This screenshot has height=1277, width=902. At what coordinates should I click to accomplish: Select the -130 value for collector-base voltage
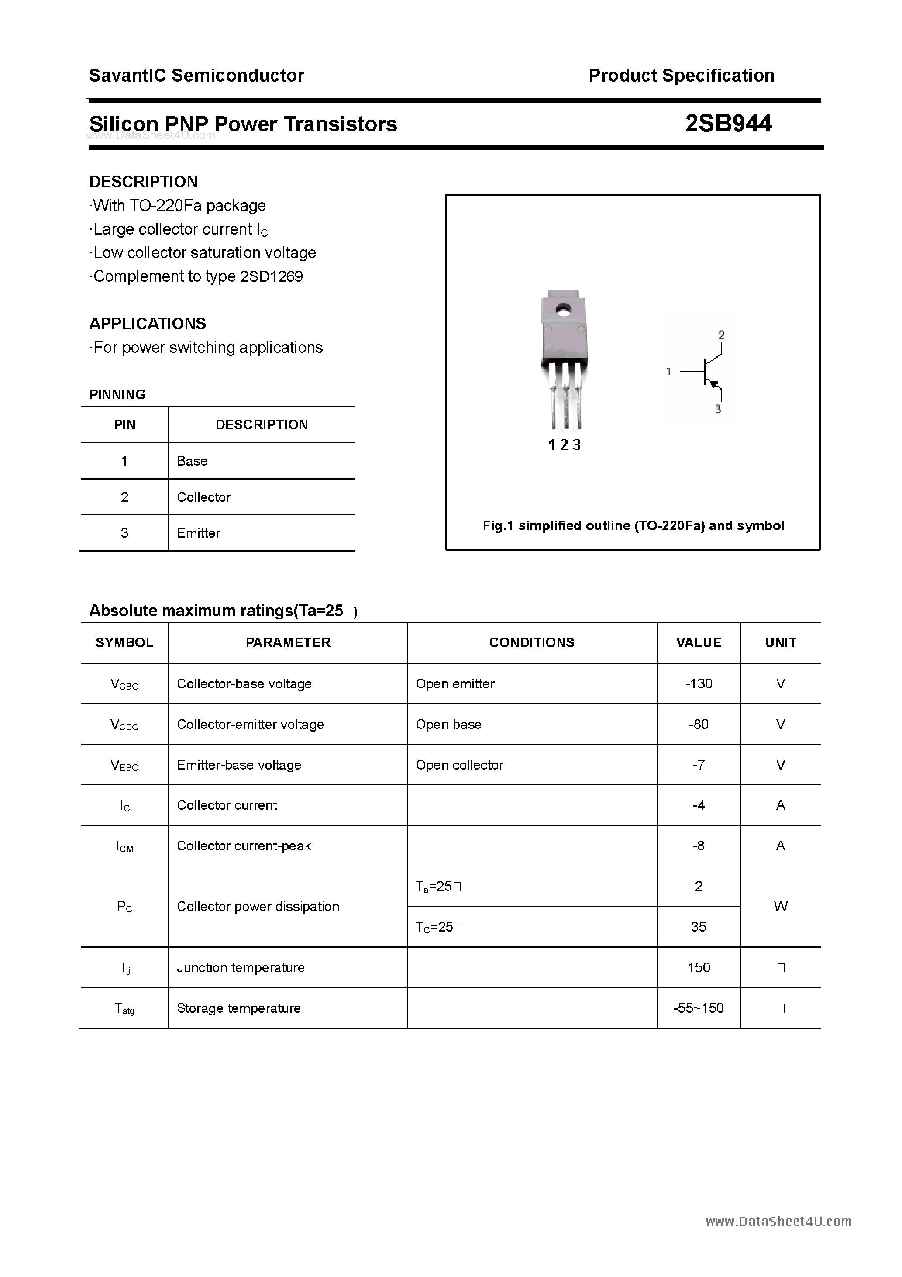(x=699, y=683)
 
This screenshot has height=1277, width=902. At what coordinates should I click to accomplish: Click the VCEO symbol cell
(x=124, y=725)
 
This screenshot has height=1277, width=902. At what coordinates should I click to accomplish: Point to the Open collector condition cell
(x=459, y=765)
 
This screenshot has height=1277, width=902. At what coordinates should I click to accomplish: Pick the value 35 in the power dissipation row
(x=699, y=927)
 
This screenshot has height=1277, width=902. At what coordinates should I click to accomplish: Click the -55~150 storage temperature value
(x=699, y=1008)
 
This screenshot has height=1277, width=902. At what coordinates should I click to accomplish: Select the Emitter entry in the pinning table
(x=199, y=533)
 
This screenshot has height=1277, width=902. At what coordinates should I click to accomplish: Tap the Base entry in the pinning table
(x=192, y=461)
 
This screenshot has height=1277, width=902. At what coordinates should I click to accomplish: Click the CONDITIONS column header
(x=532, y=642)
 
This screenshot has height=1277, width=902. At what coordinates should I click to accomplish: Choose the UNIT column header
(x=780, y=642)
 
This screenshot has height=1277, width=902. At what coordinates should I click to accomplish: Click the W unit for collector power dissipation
(x=780, y=906)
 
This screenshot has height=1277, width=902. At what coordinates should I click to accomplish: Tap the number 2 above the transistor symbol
(x=721, y=335)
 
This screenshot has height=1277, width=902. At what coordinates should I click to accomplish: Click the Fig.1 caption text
(x=633, y=525)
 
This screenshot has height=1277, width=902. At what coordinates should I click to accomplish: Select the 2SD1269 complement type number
(x=272, y=276)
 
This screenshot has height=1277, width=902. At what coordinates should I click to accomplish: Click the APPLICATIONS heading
(x=148, y=324)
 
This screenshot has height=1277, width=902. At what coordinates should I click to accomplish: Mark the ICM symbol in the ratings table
(x=124, y=846)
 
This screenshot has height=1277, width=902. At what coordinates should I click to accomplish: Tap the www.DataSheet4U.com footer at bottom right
(x=778, y=1222)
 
